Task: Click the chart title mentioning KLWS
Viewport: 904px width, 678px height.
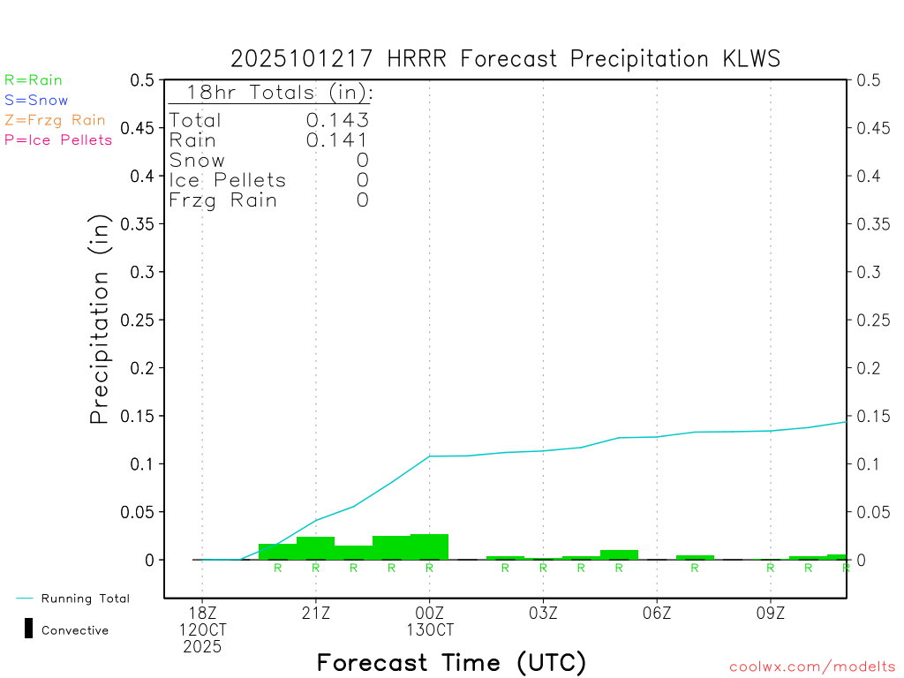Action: pos(505,59)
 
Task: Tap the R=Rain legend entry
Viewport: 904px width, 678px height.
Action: pos(34,80)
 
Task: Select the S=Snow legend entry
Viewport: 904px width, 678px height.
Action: pos(36,101)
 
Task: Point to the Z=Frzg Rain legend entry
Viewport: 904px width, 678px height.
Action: pos(55,120)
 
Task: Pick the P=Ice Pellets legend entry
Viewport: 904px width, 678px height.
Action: pos(58,139)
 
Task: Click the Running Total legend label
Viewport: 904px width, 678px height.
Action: pos(85,599)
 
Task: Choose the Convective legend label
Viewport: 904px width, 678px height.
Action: pos(75,630)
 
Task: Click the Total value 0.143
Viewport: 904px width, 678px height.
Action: pos(337,121)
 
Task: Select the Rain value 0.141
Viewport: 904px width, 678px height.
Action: pos(337,140)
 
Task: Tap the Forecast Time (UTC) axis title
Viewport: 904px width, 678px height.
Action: pos(451,662)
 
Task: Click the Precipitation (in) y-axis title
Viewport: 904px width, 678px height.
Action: pos(100,320)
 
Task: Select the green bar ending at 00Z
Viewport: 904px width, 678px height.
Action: pos(430,546)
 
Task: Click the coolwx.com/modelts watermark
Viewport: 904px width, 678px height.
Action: pos(812,667)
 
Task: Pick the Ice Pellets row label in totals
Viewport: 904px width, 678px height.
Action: pos(228,180)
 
